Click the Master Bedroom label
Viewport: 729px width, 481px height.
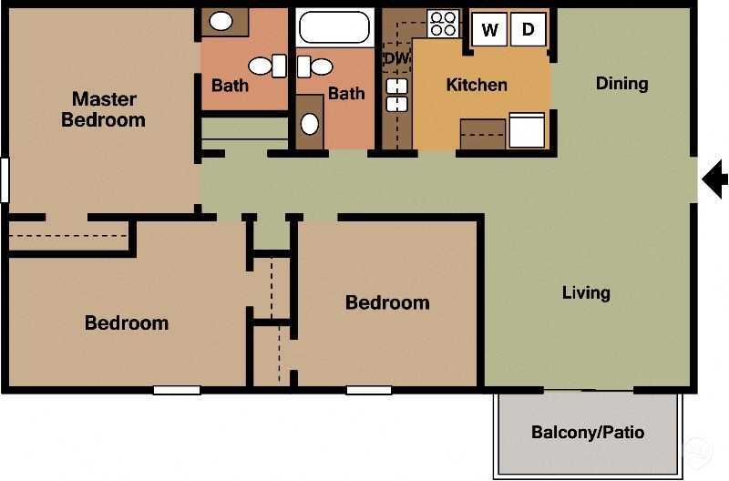(x=103, y=109)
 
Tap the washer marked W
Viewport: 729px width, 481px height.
(x=489, y=29)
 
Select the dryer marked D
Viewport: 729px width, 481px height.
(x=528, y=29)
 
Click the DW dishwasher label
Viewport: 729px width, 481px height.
(x=396, y=59)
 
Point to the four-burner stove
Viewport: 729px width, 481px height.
(x=443, y=25)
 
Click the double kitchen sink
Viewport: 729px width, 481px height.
(x=397, y=95)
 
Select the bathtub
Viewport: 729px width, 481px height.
(x=334, y=28)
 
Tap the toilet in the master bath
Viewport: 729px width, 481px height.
(x=264, y=66)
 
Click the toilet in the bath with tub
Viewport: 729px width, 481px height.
(x=317, y=66)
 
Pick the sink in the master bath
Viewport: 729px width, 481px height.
(x=222, y=21)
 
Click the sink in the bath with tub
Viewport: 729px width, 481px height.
(x=310, y=123)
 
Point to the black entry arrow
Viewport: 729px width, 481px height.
(x=715, y=179)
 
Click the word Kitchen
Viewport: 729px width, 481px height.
(x=476, y=85)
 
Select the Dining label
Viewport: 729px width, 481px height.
(x=621, y=84)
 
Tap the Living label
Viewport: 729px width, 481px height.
(x=586, y=292)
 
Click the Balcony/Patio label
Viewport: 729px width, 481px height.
(x=588, y=432)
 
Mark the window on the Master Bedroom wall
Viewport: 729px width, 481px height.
(x=5, y=179)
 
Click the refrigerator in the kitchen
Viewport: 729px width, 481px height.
(x=526, y=130)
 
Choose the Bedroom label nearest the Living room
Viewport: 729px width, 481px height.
(x=387, y=302)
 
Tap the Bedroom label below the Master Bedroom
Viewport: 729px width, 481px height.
(x=127, y=322)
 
